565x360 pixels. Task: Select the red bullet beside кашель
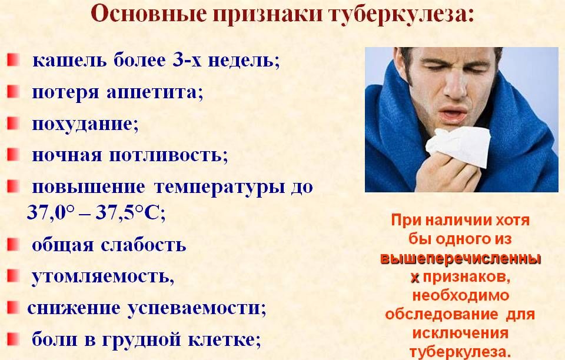coord(13,60)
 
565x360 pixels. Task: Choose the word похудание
coord(85,125)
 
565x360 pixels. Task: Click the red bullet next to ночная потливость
coord(13,155)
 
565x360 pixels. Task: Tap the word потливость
coord(169,155)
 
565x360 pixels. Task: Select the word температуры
coord(220,188)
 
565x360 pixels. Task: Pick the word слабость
coord(144,245)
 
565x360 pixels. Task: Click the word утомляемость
coord(103,276)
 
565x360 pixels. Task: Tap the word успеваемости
coord(197,308)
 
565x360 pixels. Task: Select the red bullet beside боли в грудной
coord(13,339)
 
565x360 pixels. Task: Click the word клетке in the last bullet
coord(224,339)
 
